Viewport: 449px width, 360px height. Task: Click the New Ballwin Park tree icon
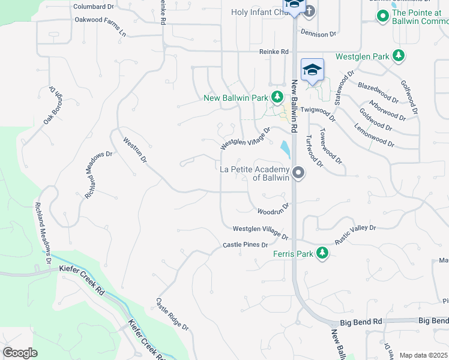277,97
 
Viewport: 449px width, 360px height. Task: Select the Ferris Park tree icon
323,253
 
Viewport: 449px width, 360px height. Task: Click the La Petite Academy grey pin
298,173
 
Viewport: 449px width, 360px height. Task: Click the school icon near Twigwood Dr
312,71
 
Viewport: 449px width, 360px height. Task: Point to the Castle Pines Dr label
245,245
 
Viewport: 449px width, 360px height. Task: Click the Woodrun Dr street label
274,211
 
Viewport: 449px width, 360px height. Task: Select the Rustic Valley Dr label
355,233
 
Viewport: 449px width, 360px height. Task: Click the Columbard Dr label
93,7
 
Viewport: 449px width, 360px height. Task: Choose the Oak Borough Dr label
53,106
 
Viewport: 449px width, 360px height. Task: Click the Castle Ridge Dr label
172,314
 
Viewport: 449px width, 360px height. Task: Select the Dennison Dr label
318,34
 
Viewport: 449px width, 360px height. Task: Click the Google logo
20,353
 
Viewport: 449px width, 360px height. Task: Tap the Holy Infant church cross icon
308,11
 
